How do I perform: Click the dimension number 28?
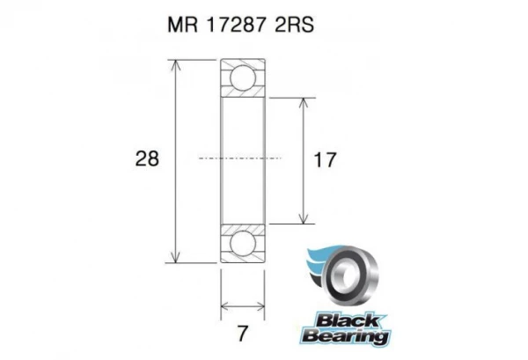click(x=148, y=159)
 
